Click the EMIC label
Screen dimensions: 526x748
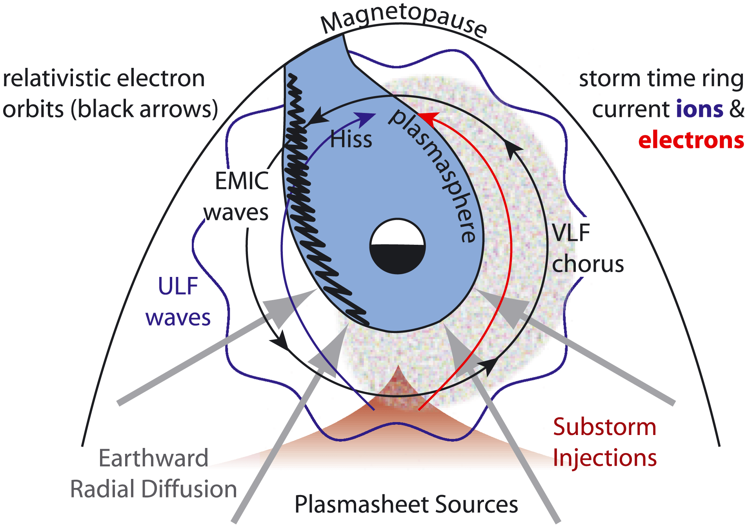(242, 181)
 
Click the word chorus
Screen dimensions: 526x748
(588, 264)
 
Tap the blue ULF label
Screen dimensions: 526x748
(178, 286)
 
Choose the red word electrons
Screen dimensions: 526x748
(691, 140)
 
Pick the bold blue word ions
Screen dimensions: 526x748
(700, 109)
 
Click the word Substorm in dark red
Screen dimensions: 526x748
(604, 427)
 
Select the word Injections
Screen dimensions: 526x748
(604, 458)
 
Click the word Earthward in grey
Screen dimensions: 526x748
(153, 458)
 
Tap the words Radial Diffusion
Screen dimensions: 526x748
(153, 489)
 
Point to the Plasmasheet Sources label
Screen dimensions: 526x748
(406, 504)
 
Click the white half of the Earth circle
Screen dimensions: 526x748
(397, 233)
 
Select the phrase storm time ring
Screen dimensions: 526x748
(661, 78)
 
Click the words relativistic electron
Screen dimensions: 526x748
(104, 78)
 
